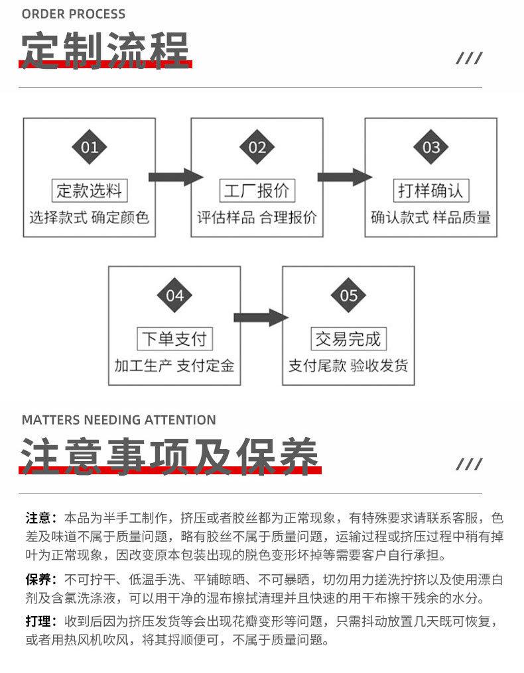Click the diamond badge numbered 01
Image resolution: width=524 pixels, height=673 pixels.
click(89, 147)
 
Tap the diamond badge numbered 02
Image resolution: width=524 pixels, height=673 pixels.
click(257, 147)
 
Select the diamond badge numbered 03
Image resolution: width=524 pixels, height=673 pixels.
click(430, 147)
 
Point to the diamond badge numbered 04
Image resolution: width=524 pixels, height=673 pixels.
click(174, 295)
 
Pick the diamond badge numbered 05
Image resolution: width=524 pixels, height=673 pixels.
click(348, 295)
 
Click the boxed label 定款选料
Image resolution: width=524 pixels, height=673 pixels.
click(90, 191)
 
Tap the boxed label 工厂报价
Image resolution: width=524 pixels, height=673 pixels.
click(257, 191)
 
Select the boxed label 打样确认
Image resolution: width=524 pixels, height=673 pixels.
click(430, 191)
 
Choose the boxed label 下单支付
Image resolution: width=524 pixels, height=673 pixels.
click(174, 338)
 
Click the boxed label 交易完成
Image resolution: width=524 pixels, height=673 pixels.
click(349, 338)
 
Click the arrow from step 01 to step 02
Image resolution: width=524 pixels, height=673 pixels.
click(176, 177)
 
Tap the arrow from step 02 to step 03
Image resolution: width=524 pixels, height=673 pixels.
click(345, 177)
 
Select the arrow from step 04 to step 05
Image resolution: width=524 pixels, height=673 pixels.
click(261, 317)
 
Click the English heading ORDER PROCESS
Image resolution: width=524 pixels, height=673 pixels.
click(74, 14)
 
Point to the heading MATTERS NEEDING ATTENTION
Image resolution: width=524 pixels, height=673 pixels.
click(119, 420)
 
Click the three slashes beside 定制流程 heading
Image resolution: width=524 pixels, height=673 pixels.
click(469, 58)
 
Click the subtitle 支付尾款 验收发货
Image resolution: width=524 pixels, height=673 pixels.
click(348, 366)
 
